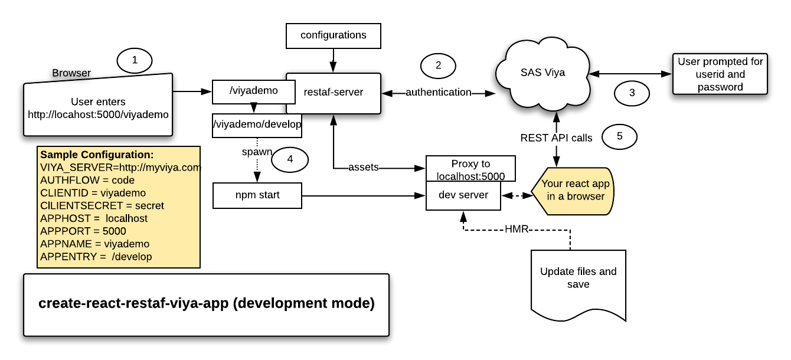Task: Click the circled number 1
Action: [135, 60]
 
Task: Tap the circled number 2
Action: [438, 66]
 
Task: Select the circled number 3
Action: [632, 93]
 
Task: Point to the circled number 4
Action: [290, 158]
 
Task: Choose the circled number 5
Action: [619, 136]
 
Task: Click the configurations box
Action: [333, 35]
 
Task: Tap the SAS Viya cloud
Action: [542, 73]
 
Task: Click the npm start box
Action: [257, 195]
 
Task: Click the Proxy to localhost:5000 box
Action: [470, 169]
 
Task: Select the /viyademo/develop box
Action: [257, 125]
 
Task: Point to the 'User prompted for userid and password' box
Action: [720, 74]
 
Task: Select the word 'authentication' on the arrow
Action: [438, 93]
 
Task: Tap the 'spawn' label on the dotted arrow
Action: [257, 152]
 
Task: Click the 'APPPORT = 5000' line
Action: [83, 231]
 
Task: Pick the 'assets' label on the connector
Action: [363, 168]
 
